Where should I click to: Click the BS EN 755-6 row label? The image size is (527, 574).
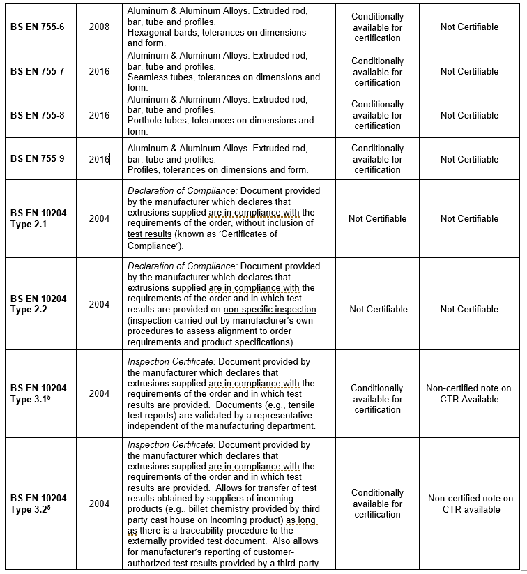point(37,27)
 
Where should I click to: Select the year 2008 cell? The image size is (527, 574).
point(99,27)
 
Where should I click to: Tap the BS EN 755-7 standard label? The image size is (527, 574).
point(37,71)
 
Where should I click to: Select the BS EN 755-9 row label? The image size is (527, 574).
point(37,159)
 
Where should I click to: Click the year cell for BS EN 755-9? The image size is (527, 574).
point(99,159)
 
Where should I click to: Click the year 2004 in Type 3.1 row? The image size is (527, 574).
point(99,393)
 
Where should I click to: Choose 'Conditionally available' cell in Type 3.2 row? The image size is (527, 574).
point(377,504)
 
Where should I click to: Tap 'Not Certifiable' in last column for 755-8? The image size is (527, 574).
point(469,115)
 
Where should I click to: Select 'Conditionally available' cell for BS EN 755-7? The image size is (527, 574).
point(377,71)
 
